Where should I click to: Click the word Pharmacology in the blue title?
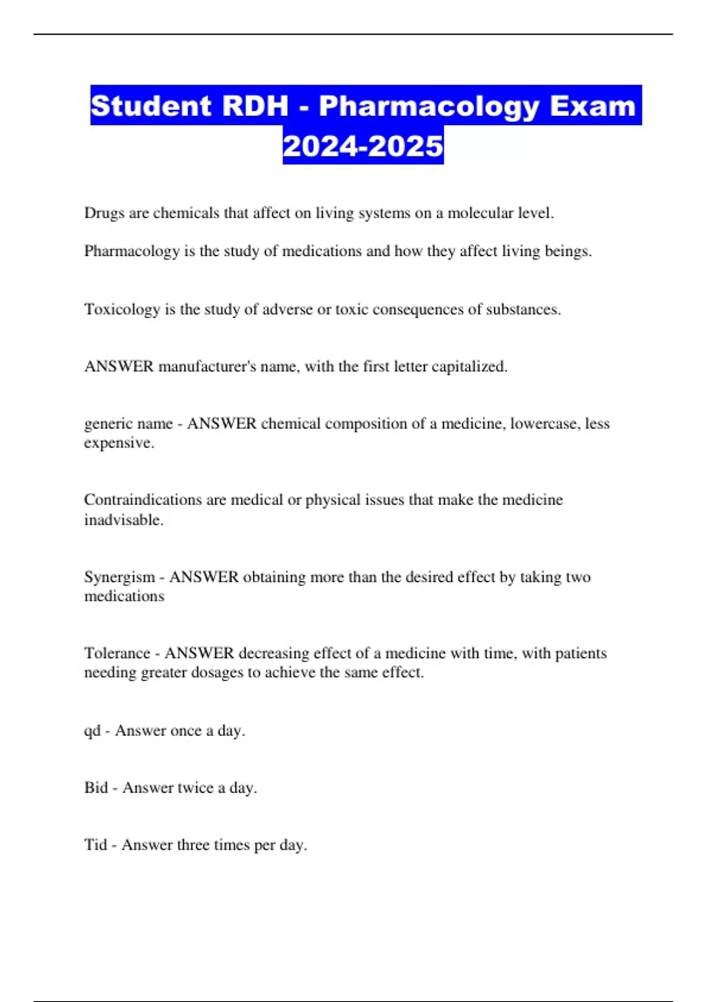(x=429, y=106)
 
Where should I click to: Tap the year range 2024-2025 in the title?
(x=363, y=146)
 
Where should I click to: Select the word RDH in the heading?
(x=256, y=106)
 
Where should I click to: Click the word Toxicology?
(x=122, y=309)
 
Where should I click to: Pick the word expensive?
(x=119, y=443)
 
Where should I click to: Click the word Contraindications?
(x=143, y=500)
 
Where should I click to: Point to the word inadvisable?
(x=124, y=520)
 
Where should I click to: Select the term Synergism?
(x=120, y=577)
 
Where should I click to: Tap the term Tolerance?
(x=117, y=653)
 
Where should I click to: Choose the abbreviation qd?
(x=92, y=731)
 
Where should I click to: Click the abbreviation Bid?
(x=96, y=788)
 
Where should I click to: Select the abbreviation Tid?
(x=95, y=845)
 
